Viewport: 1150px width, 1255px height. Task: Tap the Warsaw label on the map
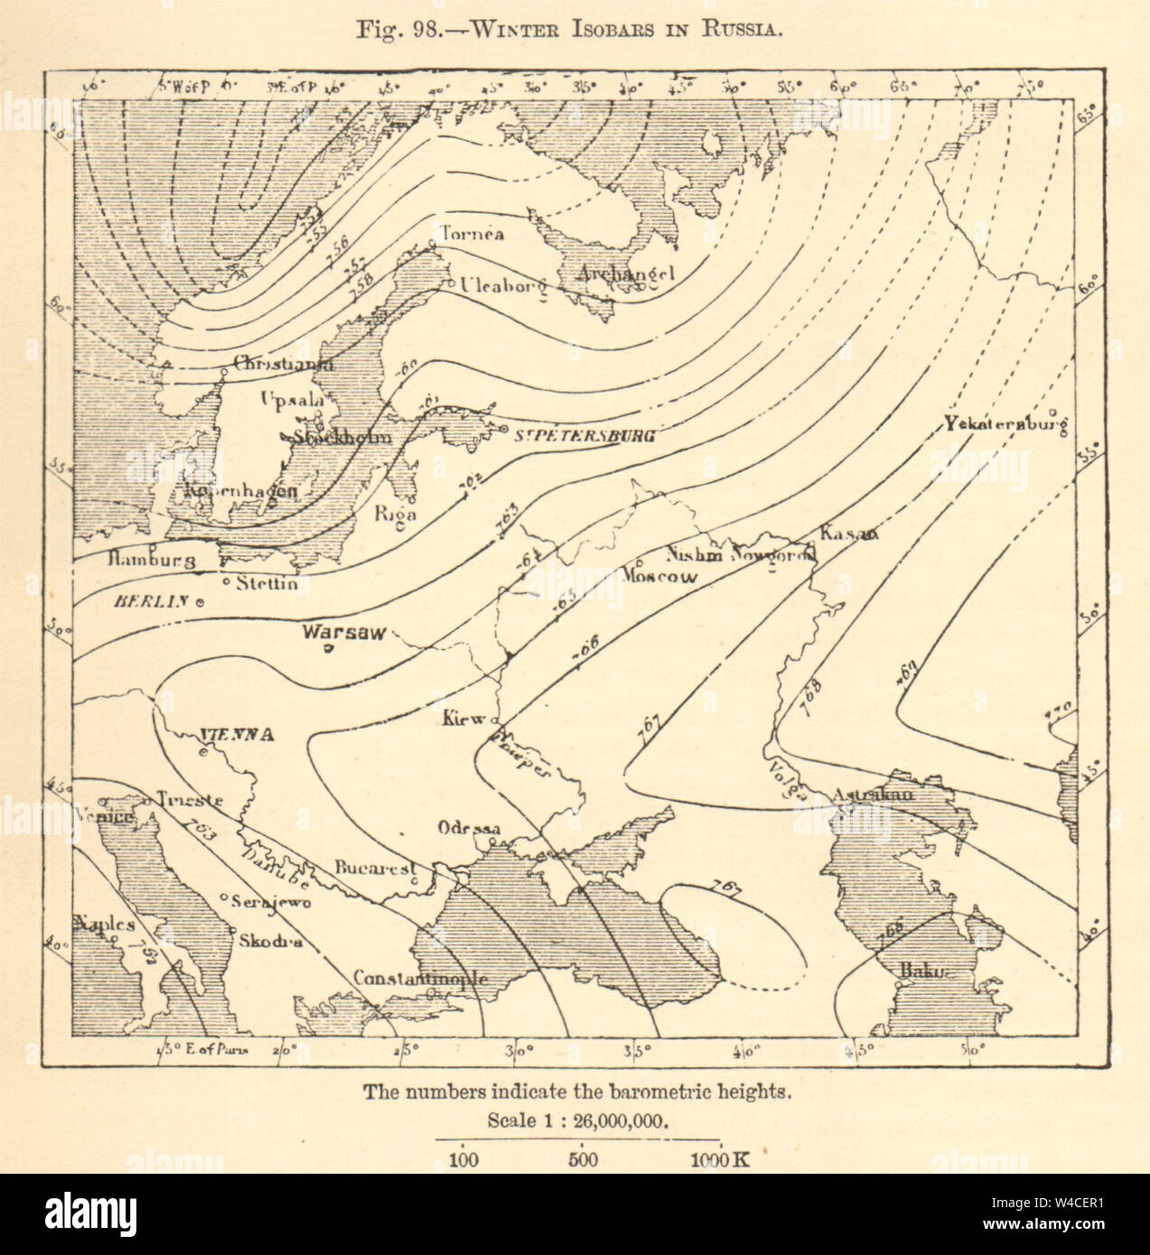point(345,632)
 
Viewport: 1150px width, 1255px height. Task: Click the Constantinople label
point(420,979)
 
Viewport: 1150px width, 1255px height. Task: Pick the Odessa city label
point(468,828)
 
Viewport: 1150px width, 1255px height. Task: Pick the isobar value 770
point(1057,713)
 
